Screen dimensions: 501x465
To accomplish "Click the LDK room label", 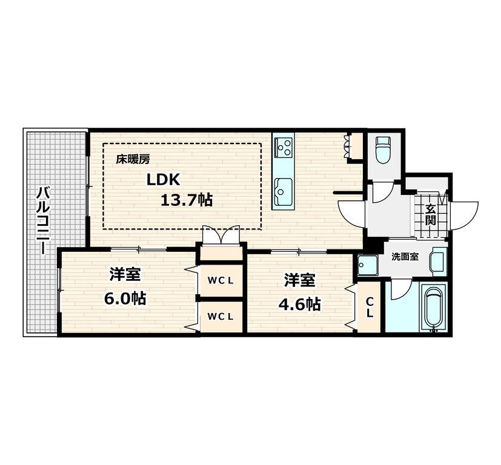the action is click(164, 180).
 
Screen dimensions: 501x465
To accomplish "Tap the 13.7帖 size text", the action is click(186, 200).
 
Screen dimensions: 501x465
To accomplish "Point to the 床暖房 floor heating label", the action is click(133, 159).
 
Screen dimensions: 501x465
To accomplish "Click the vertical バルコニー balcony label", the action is click(43, 221).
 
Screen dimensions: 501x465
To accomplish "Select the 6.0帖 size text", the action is click(125, 298).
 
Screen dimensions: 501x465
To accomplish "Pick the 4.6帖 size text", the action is click(300, 304).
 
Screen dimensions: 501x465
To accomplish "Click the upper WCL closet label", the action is click(221, 281).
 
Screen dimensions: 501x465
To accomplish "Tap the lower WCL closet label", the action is click(221, 317).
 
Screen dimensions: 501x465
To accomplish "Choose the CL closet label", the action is click(370, 307).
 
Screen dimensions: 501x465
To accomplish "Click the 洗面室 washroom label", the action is click(405, 257).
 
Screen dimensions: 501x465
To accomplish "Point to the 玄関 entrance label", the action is click(431, 214).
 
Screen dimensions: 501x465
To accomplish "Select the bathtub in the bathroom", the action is click(434, 309).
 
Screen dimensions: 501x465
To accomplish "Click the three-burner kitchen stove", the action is click(284, 147).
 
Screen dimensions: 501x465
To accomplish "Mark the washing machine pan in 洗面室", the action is click(368, 265).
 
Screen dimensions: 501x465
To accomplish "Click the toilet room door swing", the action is click(383, 193).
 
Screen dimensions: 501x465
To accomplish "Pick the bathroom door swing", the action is click(401, 289).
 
